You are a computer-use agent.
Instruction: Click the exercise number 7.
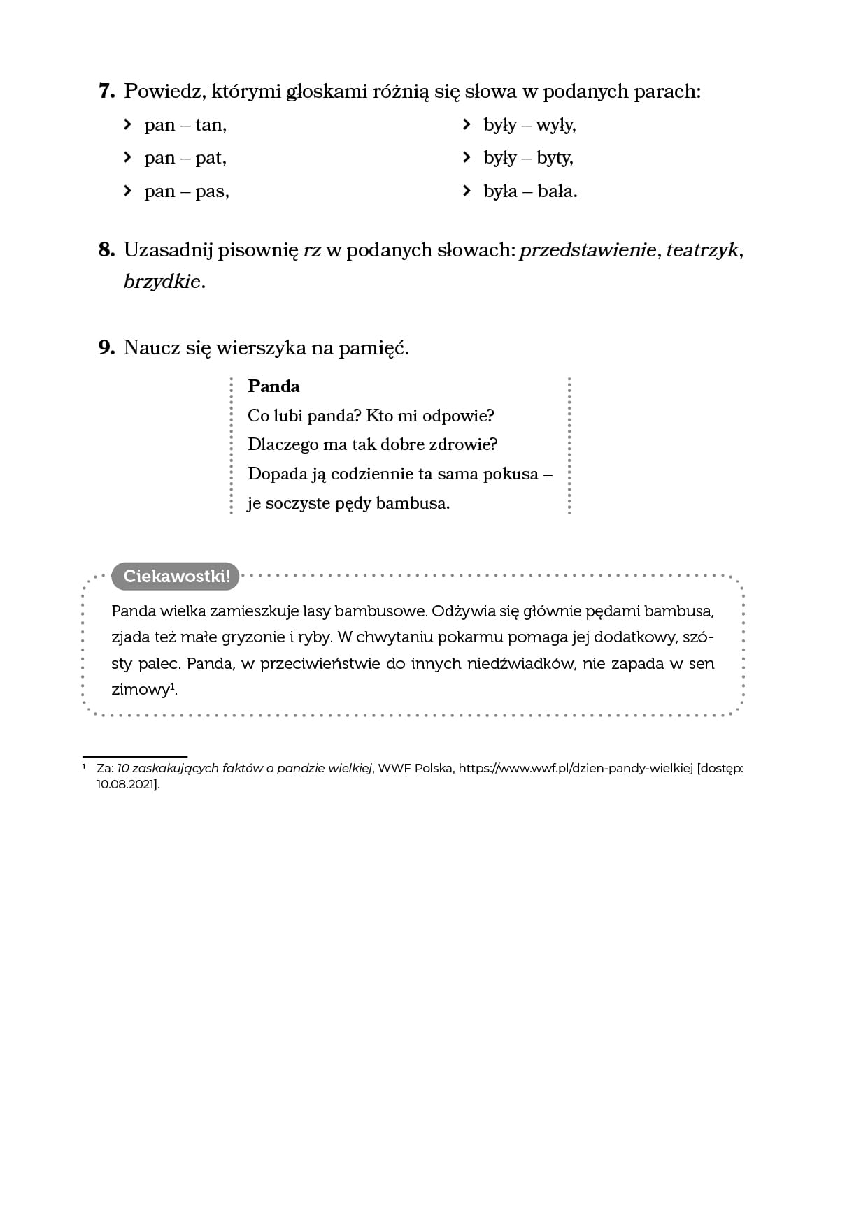[106, 91]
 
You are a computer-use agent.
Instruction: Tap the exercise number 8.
[106, 250]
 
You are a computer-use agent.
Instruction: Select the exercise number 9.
[106, 347]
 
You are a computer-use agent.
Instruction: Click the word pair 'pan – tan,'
[185, 125]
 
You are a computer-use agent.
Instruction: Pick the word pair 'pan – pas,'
[187, 191]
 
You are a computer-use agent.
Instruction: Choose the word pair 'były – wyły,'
[529, 125]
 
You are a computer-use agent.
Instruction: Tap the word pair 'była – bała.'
[530, 191]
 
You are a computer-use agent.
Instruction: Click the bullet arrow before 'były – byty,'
[467, 157]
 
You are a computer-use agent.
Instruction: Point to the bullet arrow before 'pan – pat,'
[127, 157]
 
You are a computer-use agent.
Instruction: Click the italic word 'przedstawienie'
[588, 250]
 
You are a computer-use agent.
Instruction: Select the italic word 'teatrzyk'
[702, 250]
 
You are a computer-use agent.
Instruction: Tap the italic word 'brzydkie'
[162, 281]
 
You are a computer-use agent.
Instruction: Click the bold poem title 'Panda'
[273, 386]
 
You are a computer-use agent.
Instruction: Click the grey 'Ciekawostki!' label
[176, 576]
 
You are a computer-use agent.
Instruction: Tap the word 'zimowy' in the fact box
[140, 690]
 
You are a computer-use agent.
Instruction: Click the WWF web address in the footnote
[575, 768]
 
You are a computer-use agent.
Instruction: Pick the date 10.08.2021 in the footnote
[126, 784]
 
